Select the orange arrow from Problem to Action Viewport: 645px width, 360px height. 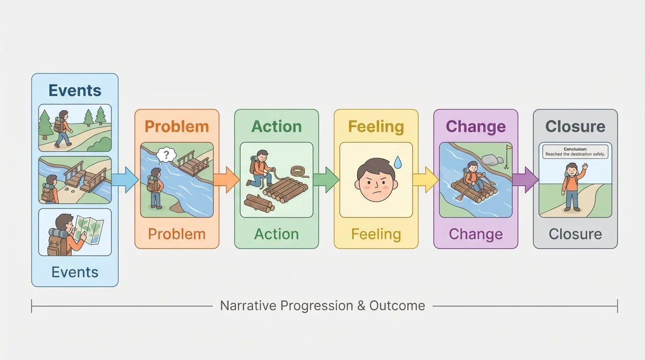[x=226, y=180]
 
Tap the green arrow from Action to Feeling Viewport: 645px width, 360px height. [x=326, y=180]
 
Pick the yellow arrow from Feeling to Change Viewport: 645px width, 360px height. [x=426, y=180]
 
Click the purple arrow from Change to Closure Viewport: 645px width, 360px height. [x=525, y=180]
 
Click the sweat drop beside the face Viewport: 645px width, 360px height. [x=397, y=163]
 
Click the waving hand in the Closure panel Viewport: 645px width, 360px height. [x=585, y=168]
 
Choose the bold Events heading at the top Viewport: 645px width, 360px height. [x=75, y=90]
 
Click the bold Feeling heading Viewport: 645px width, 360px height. [x=376, y=127]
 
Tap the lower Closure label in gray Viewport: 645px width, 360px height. [x=575, y=234]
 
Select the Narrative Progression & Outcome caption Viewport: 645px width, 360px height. [x=322, y=306]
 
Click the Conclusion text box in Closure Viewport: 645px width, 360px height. [x=575, y=151]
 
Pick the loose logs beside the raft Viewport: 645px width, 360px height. [x=259, y=203]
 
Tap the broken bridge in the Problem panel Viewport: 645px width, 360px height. [x=193, y=163]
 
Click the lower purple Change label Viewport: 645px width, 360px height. [x=475, y=234]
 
